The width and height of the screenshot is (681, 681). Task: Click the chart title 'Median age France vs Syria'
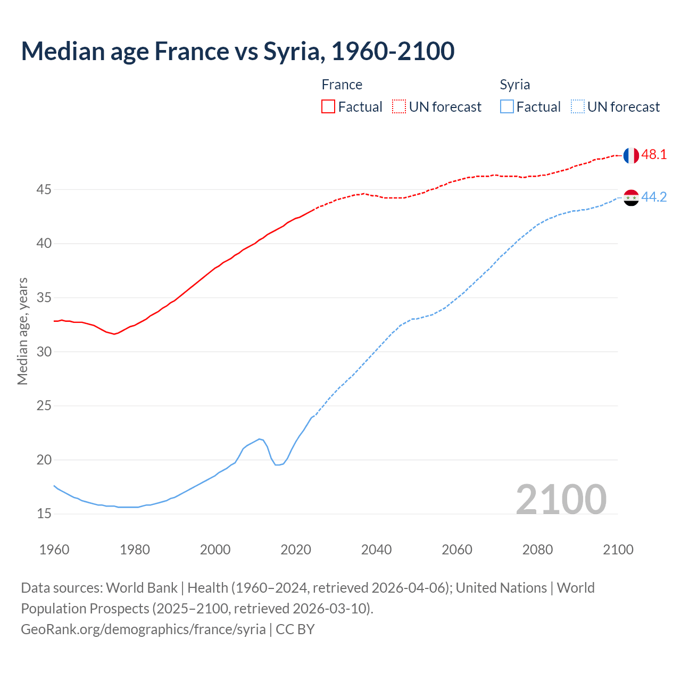pyautogui.click(x=237, y=52)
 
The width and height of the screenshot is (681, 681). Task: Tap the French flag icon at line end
pyautogui.click(x=630, y=155)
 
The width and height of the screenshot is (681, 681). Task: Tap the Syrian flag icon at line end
pyautogui.click(x=630, y=197)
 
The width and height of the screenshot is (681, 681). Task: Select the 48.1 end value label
pyautogui.click(x=654, y=155)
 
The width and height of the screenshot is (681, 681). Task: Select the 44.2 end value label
pyautogui.click(x=654, y=197)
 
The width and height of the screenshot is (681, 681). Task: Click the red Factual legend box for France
pyautogui.click(x=328, y=107)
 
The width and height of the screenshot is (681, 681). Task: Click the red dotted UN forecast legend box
pyautogui.click(x=399, y=107)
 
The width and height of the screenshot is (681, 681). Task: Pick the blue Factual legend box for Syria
pyautogui.click(x=507, y=107)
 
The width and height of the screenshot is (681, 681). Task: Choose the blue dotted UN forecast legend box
pyautogui.click(x=577, y=107)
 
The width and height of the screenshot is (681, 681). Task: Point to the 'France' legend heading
pyautogui.click(x=342, y=85)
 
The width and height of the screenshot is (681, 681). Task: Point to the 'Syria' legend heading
pyautogui.click(x=514, y=85)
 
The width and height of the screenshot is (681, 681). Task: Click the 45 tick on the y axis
pyautogui.click(x=44, y=190)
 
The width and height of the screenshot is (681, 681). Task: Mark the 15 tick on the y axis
pyautogui.click(x=44, y=514)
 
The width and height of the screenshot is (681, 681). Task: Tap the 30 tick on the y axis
pyautogui.click(x=44, y=352)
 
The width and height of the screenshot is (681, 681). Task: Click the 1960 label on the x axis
pyautogui.click(x=54, y=550)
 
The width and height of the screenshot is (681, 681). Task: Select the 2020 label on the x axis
pyautogui.click(x=296, y=550)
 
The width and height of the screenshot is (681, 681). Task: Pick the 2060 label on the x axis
pyautogui.click(x=457, y=550)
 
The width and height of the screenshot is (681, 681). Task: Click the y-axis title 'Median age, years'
pyautogui.click(x=22, y=331)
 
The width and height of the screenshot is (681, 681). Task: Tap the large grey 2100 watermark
pyautogui.click(x=561, y=500)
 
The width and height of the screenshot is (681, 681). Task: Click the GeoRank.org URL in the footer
pyautogui.click(x=143, y=629)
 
